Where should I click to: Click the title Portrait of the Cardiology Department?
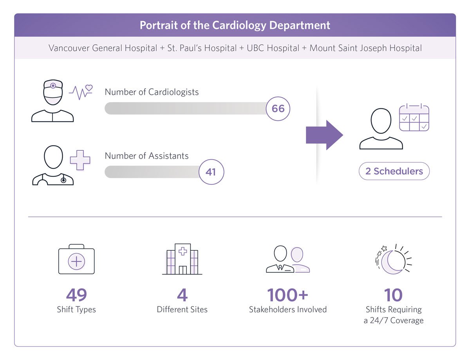coord(235,25)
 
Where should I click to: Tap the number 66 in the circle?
coord(278,108)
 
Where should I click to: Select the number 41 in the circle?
coord(211,172)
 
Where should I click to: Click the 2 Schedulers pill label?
coord(394,171)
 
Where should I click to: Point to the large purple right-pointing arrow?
coord(324,135)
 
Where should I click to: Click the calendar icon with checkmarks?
coord(414,117)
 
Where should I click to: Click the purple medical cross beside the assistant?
coord(80,160)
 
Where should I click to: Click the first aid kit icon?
coord(76,259)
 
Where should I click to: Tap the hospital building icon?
coord(182,259)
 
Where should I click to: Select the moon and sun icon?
coord(393,259)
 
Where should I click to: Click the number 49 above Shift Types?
coord(76,295)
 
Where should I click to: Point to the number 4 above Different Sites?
coord(182,295)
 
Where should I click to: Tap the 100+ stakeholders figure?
coord(288,295)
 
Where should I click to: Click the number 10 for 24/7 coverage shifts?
coord(394,295)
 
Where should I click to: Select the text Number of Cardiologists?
coord(152,92)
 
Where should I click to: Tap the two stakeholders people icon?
coord(288,259)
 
